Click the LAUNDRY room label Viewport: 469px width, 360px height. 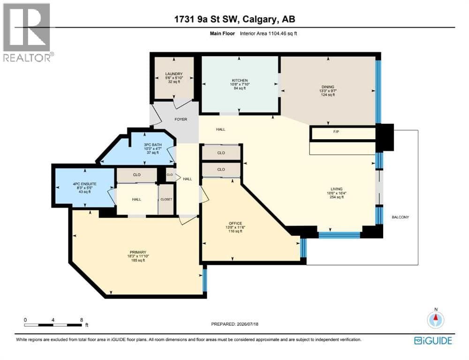[x=174, y=74]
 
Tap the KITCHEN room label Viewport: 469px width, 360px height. [x=240, y=81]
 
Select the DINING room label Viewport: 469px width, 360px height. [x=328, y=87]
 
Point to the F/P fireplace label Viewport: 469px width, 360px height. [x=336, y=132]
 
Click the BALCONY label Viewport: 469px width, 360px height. [x=400, y=217]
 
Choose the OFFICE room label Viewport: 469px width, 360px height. [x=235, y=223]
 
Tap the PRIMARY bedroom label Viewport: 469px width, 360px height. [x=138, y=252]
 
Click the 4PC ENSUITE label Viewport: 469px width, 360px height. [x=84, y=184]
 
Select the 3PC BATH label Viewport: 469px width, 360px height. [x=152, y=145]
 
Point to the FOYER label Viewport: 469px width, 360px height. [x=181, y=119]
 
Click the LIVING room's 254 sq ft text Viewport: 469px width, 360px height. [x=336, y=197]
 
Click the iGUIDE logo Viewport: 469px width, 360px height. [x=433, y=341]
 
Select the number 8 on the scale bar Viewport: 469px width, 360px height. [x=81, y=320]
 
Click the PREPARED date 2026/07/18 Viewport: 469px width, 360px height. [x=247, y=324]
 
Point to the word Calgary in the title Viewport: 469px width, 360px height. [x=259, y=19]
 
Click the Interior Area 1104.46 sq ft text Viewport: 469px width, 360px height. [x=268, y=33]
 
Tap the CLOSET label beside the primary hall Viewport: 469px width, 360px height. [x=166, y=199]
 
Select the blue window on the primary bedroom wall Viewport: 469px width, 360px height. [x=204, y=280]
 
